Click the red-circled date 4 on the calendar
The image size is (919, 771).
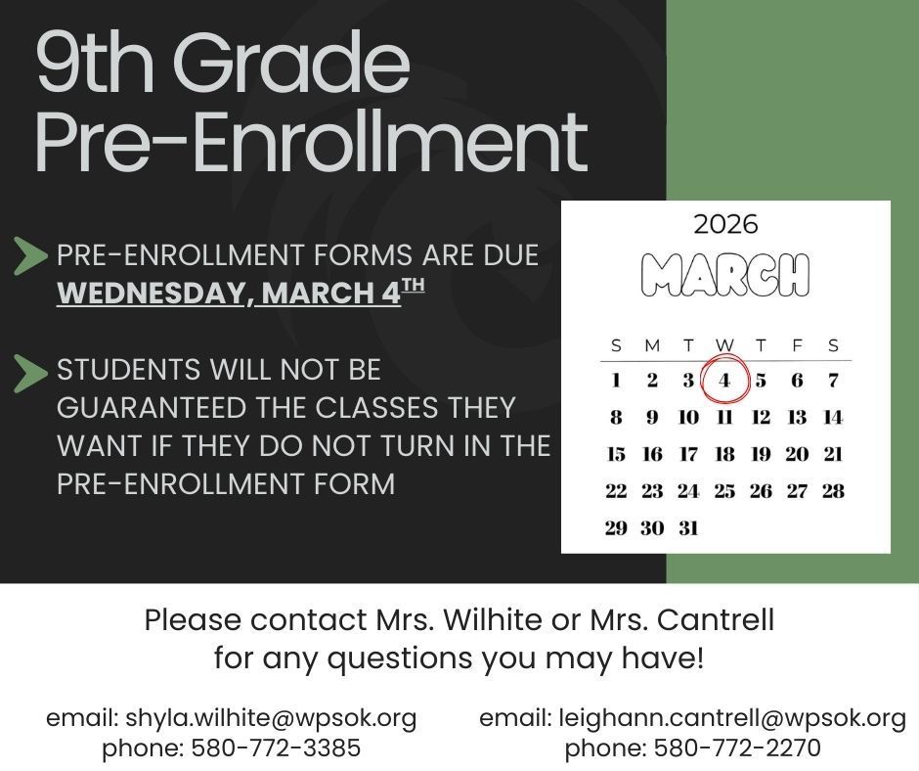click(x=724, y=381)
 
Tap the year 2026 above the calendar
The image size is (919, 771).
click(x=725, y=225)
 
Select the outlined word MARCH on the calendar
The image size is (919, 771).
click(x=725, y=275)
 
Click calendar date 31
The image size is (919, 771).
click(x=688, y=528)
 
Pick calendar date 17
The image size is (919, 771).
click(x=688, y=454)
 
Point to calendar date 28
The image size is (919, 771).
click(x=833, y=491)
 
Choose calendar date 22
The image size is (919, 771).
click(x=616, y=491)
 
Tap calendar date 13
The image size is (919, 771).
click(x=797, y=418)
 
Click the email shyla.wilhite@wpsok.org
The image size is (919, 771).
click(x=271, y=718)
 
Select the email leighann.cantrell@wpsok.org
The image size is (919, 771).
click(x=732, y=718)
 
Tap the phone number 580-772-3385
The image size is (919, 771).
click(x=276, y=748)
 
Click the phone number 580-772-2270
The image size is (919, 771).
click(x=736, y=748)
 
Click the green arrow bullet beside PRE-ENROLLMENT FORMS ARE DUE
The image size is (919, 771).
click(x=30, y=256)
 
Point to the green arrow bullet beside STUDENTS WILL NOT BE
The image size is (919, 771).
click(x=30, y=373)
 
